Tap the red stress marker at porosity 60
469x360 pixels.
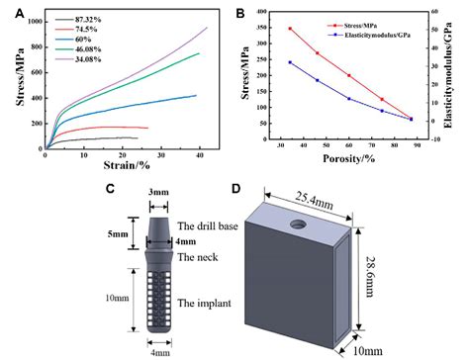click(x=349, y=75)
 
